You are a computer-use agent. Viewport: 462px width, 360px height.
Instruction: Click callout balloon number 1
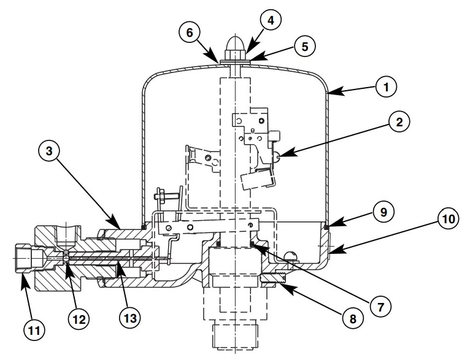pyautogui.click(x=385, y=87)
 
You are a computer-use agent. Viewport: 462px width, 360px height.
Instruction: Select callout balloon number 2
pyautogui.click(x=399, y=122)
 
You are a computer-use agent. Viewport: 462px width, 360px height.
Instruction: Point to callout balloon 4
pyautogui.click(x=271, y=20)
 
